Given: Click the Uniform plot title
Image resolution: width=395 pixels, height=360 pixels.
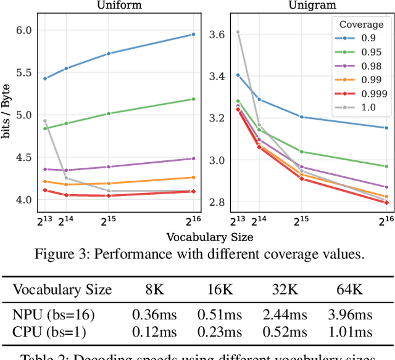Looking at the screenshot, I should pyautogui.click(x=120, y=5).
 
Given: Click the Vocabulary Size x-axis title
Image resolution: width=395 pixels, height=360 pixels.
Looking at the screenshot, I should pyautogui.click(x=209, y=236).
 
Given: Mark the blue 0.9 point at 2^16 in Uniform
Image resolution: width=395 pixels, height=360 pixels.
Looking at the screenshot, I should pyautogui.click(x=193, y=35).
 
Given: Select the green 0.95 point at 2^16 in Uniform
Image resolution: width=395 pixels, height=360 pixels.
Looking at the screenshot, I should pyautogui.click(x=193, y=99).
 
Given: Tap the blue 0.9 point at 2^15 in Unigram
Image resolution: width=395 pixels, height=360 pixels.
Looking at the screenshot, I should pyautogui.click(x=301, y=117).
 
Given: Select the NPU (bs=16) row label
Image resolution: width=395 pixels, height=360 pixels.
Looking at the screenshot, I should pyautogui.click(x=54, y=315).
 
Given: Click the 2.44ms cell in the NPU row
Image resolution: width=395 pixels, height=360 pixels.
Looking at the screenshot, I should pyautogui.click(x=285, y=315).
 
